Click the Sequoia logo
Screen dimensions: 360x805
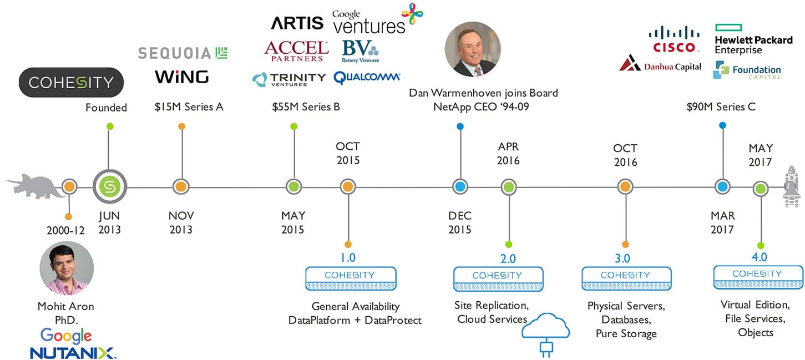point(183,53)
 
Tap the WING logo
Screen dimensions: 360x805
point(181,77)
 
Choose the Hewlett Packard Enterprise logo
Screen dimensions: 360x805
point(753,39)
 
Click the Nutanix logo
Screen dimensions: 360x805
point(72,352)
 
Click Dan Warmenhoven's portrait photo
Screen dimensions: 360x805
point(473,49)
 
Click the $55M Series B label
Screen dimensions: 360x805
point(306,107)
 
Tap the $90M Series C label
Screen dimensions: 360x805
point(721,107)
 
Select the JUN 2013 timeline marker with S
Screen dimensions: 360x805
point(110,187)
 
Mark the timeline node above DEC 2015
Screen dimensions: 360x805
point(460,187)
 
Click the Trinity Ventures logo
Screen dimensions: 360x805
point(288,79)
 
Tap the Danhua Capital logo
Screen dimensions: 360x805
point(660,65)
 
